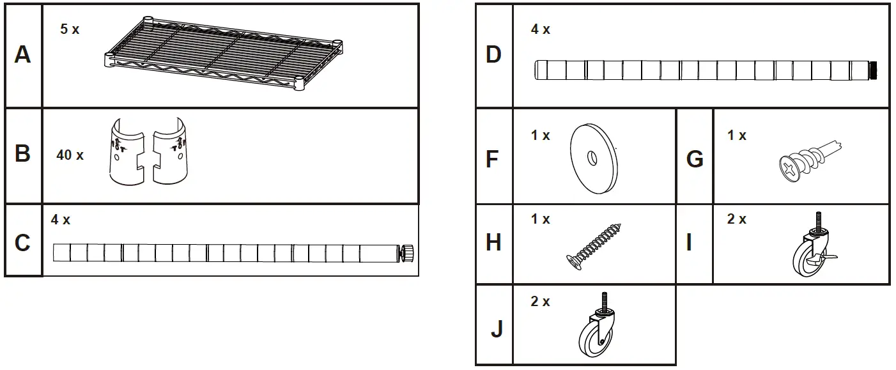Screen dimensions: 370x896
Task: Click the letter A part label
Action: pos(22,55)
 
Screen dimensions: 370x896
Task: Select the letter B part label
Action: pos(22,155)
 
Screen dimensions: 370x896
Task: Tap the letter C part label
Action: pos(22,243)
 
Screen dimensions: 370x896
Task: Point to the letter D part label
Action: pos(493,55)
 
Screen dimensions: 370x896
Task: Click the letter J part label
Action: pos(496,330)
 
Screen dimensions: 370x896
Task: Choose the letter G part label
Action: pos(694,158)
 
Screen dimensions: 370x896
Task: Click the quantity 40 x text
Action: pos(70,155)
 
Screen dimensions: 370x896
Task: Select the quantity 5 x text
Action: pos(70,29)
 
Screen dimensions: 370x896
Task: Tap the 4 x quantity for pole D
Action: pos(540,29)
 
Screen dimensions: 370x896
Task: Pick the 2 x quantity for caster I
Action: pos(736,219)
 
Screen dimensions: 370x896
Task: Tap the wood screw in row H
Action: pos(594,245)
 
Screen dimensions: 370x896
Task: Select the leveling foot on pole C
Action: pos(407,253)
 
